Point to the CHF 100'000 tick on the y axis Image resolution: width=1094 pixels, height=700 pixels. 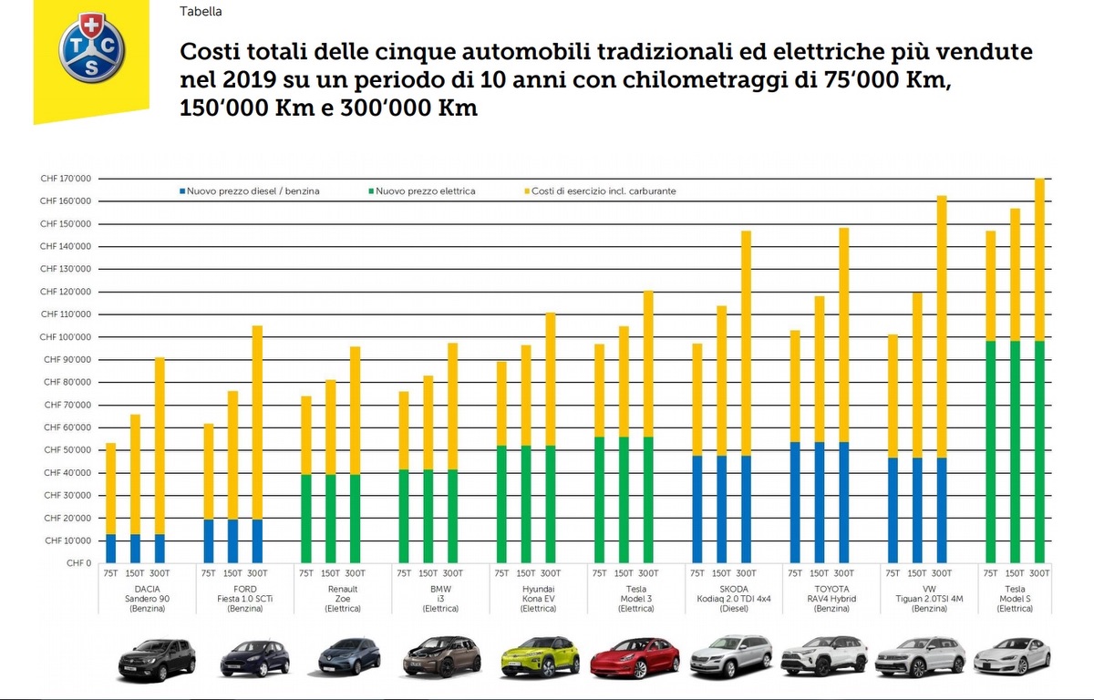(66, 337)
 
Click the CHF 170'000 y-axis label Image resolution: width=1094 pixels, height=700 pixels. (66, 179)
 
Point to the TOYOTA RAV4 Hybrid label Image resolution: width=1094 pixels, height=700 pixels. (820, 598)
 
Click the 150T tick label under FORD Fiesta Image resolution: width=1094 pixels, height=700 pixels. (232, 573)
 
